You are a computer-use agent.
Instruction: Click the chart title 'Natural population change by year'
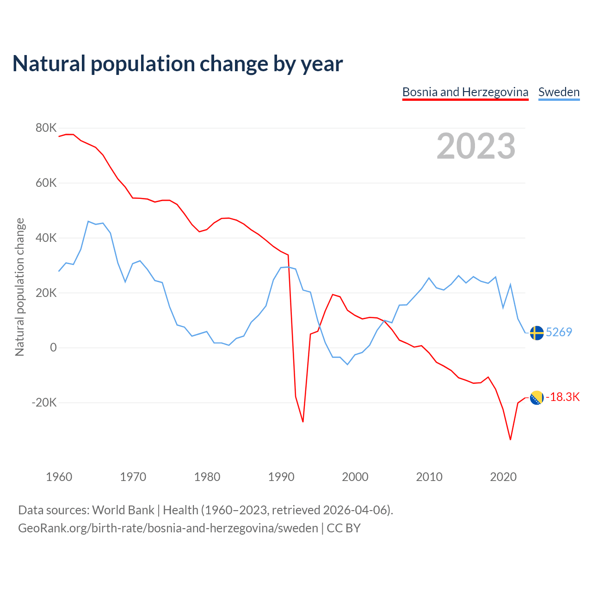tap(178, 64)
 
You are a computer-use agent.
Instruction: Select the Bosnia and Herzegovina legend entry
tap(465, 92)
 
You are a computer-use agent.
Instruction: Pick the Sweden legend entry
tap(559, 92)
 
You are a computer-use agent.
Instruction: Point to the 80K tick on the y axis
tap(46, 128)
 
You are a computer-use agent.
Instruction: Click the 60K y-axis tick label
tap(46, 183)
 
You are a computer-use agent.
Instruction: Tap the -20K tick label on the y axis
tap(44, 402)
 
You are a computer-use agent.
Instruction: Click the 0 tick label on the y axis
tap(53, 348)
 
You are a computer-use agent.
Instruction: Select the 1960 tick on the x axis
tap(59, 477)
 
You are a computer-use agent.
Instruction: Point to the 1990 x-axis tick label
tap(281, 477)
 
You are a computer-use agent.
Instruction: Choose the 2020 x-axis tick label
tap(503, 477)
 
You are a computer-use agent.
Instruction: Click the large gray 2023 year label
tap(476, 146)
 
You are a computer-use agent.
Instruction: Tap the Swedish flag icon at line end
tap(536, 333)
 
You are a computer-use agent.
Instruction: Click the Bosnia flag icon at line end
tap(536, 397)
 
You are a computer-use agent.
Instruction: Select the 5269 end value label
tap(559, 332)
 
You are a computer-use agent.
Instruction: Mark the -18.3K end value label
tap(562, 397)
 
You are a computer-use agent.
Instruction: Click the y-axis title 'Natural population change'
tap(20, 287)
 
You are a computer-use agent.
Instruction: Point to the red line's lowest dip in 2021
tap(510, 439)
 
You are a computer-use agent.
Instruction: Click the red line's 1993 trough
tap(303, 422)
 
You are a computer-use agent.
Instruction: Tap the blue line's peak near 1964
tap(88, 222)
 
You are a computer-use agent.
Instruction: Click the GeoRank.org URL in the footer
tap(168, 528)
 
